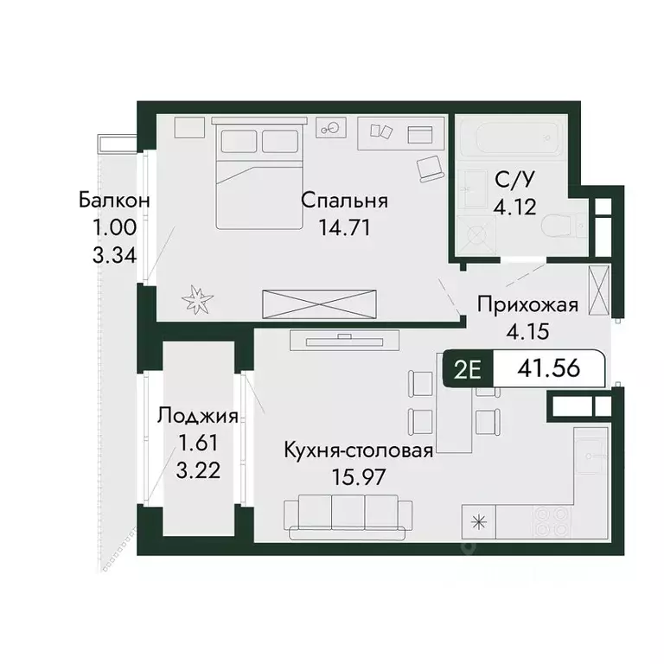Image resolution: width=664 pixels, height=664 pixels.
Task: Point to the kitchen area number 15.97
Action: coord(358,476)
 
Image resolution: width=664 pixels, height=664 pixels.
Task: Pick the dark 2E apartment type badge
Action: coord(468,370)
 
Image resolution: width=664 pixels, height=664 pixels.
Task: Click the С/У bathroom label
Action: coord(513,180)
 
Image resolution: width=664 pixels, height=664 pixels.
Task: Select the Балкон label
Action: coord(115,201)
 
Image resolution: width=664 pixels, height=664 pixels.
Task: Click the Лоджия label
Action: coord(197,417)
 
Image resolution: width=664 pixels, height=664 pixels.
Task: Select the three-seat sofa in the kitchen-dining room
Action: coord(342,512)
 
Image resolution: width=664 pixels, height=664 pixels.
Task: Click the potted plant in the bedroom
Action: coord(198,300)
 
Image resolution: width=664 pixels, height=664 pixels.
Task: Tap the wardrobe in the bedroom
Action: coord(320,303)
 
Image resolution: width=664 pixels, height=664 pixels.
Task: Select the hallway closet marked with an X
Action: coord(597,290)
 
